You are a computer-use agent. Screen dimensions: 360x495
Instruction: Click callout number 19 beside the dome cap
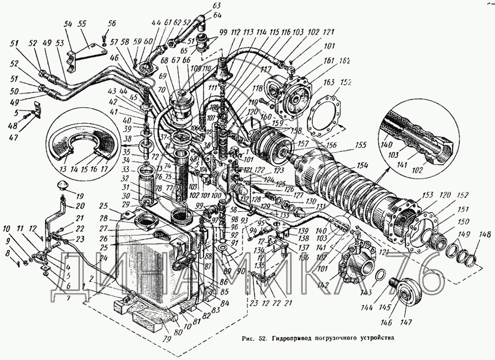tap(80, 196)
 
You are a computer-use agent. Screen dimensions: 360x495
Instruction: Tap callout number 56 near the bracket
tap(112, 24)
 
